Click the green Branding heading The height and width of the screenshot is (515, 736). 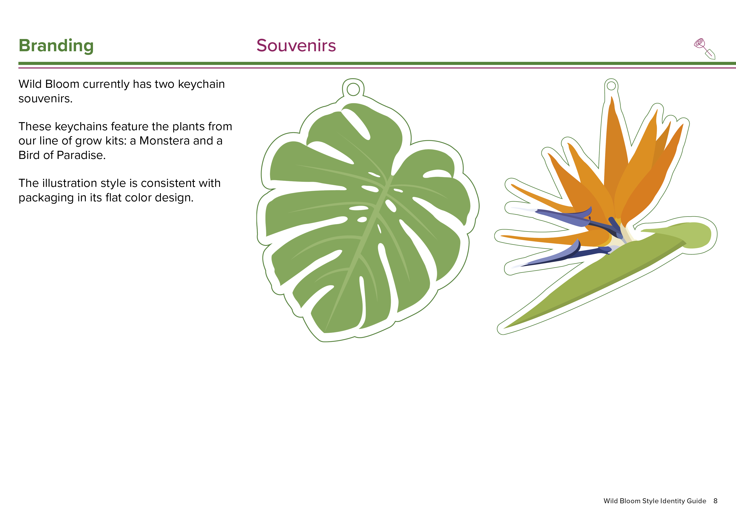click(x=56, y=46)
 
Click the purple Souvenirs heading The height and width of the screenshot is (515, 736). click(x=296, y=46)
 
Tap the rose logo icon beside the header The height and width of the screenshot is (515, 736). click(x=705, y=49)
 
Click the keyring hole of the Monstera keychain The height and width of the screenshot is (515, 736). click(x=353, y=90)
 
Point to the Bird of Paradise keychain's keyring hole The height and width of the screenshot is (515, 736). click(x=611, y=86)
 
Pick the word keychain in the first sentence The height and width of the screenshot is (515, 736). click(x=201, y=84)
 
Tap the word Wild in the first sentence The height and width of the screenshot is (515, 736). click(x=30, y=84)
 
